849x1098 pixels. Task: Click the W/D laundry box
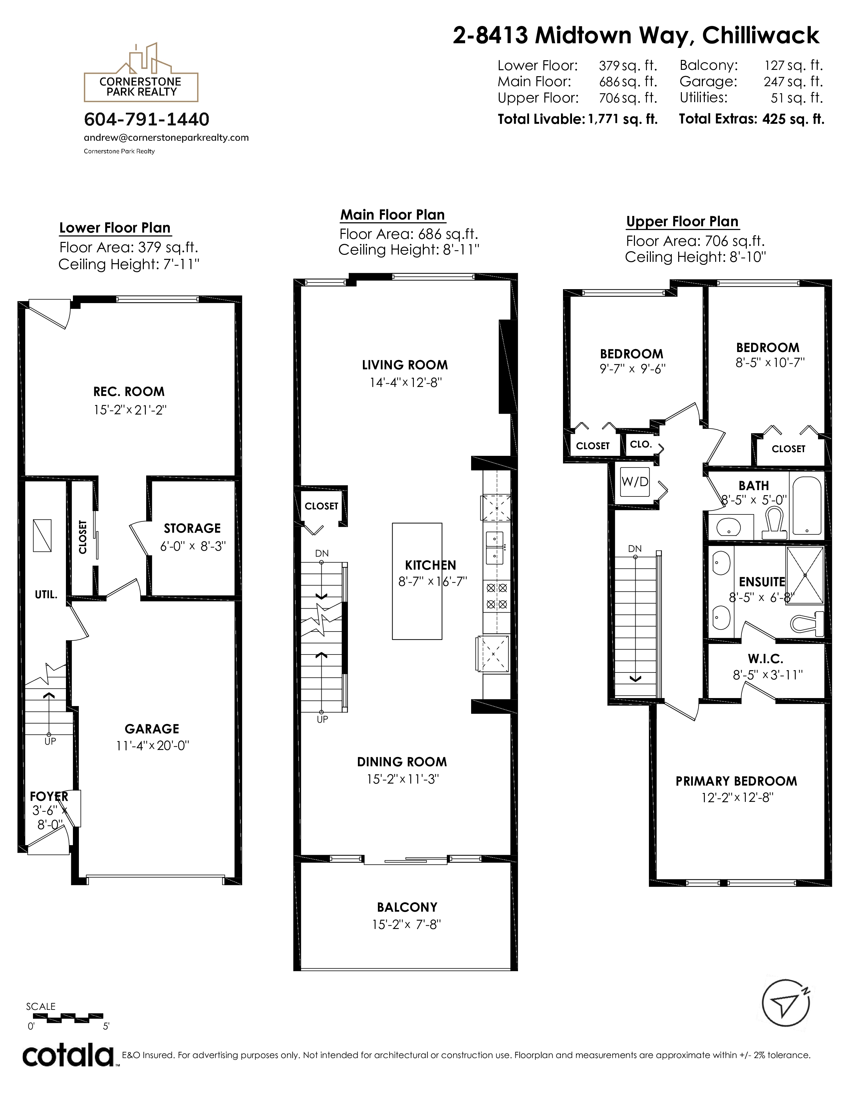click(x=635, y=482)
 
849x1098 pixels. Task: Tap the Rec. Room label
click(x=129, y=392)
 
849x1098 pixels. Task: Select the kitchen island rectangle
click(x=417, y=581)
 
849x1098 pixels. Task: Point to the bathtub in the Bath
click(x=807, y=506)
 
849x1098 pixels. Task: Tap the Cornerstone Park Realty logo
click(x=141, y=73)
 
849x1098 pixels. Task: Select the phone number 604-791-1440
click(x=146, y=120)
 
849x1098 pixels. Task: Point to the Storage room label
click(x=192, y=528)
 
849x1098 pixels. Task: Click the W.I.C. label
click(x=765, y=658)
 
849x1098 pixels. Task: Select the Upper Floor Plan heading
click(x=682, y=222)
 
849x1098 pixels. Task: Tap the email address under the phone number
click(x=166, y=138)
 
